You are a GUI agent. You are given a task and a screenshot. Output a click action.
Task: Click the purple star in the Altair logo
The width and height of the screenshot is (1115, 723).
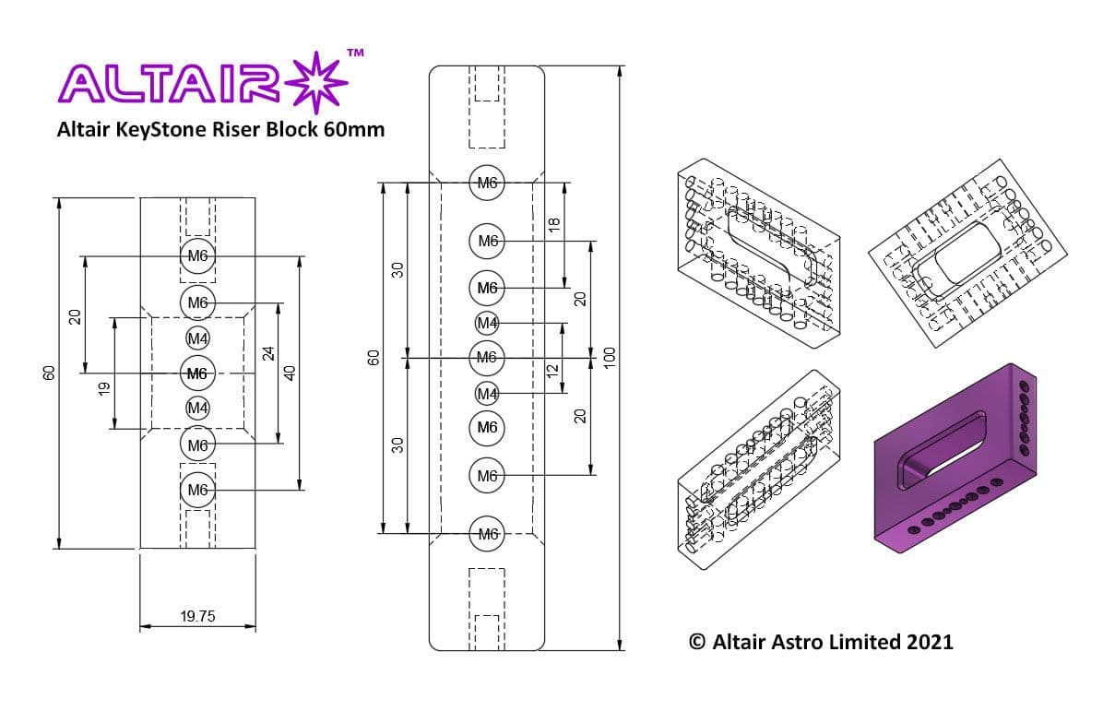(316, 82)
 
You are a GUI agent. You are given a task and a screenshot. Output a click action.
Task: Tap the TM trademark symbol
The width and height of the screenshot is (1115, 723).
(355, 53)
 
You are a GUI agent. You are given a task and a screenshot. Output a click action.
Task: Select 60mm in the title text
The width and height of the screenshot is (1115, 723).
(354, 130)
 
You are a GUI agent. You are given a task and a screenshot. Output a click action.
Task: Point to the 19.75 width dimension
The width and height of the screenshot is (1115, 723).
(197, 617)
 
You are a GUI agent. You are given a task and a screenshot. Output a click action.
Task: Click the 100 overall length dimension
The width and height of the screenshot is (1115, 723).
(610, 358)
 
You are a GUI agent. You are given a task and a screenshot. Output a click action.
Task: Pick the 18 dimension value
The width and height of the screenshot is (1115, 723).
(554, 224)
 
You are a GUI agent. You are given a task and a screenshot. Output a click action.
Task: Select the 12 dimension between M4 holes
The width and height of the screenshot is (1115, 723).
(552, 371)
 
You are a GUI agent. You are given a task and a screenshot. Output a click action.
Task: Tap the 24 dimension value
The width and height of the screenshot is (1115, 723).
(268, 354)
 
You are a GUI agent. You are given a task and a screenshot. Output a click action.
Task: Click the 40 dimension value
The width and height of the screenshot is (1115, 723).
(290, 373)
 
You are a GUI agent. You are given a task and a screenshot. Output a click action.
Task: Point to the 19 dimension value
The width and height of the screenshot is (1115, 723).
(103, 388)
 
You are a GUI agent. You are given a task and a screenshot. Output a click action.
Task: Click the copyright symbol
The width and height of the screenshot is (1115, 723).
(697, 642)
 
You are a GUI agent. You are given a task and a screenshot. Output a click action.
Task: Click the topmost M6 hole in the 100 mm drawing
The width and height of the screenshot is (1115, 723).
(487, 183)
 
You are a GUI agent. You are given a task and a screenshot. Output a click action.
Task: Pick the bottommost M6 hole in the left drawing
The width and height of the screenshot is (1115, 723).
(197, 490)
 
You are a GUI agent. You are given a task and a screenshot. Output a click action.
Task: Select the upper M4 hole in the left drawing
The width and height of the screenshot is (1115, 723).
(197, 338)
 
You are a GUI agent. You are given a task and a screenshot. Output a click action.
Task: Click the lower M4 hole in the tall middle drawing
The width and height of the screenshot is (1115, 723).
(487, 394)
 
